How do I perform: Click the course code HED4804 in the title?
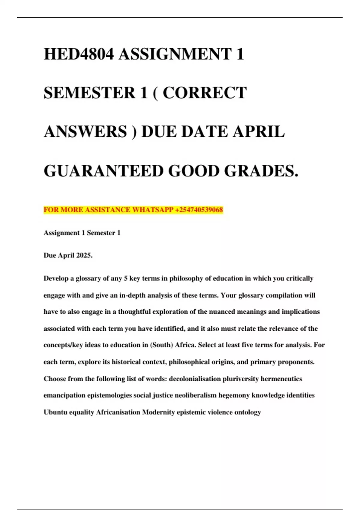pos(79,54)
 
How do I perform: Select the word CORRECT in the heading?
pos(205,93)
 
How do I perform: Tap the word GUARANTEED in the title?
pos(103,171)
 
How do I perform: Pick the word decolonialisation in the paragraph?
pos(195,379)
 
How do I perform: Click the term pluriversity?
pos(241,379)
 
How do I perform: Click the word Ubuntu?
pos(55,412)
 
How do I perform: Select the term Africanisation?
pos(118,412)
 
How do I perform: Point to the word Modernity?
pos(158,412)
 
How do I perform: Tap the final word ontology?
pos(248,412)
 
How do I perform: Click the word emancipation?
pos(64,395)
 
